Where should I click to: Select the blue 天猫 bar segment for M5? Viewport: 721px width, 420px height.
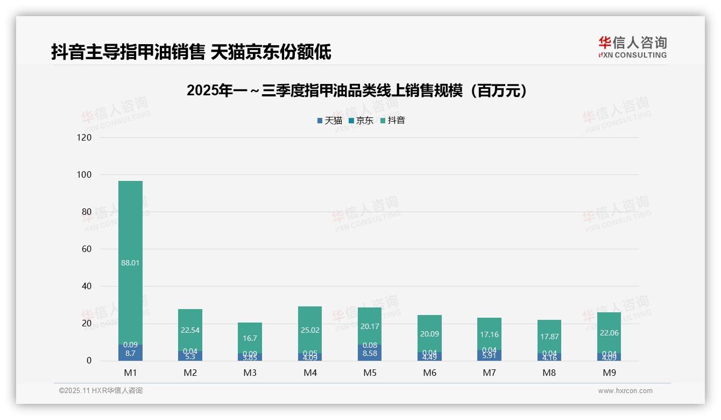[370, 353]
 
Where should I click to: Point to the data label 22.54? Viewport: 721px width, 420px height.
[190, 330]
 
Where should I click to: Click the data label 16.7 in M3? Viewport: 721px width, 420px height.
[250, 338]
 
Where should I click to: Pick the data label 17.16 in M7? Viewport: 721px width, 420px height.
[489, 334]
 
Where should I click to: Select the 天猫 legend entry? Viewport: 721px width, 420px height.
[330, 121]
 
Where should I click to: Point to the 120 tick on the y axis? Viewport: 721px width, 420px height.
[84, 137]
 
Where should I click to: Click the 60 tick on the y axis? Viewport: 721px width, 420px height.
[86, 249]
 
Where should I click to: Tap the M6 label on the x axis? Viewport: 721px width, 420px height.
[429, 373]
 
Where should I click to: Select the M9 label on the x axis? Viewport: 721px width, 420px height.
[609, 373]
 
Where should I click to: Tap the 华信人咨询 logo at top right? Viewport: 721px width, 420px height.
[632, 47]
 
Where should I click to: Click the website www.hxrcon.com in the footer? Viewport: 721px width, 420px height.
[625, 391]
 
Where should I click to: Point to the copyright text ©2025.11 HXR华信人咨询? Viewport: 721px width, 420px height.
[101, 391]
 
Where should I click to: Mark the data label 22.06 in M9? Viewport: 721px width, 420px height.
[609, 333]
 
